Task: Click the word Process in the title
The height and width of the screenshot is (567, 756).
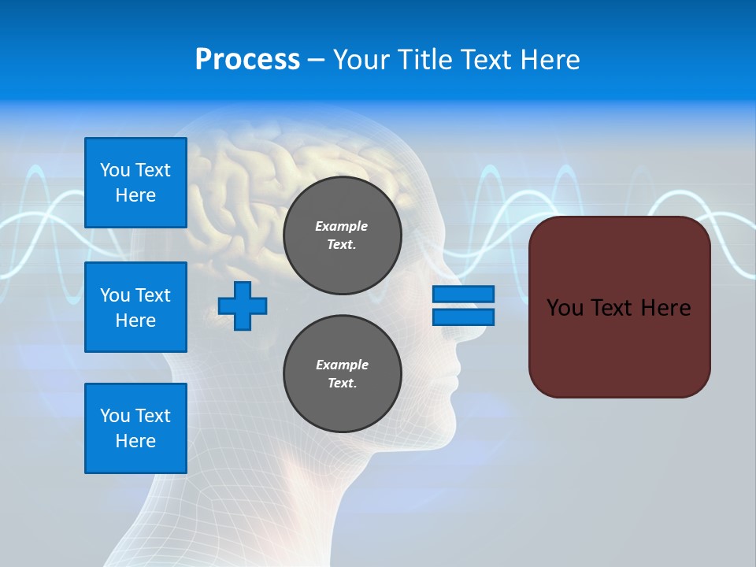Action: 247,60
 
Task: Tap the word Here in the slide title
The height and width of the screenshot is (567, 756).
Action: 549,60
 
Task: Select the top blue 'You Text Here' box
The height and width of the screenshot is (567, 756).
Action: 135,183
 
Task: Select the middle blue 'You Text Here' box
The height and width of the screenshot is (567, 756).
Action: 135,307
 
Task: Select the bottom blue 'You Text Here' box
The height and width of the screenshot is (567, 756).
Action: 135,428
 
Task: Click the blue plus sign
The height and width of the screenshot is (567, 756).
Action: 243,306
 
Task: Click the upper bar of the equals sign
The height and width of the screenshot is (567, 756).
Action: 463,295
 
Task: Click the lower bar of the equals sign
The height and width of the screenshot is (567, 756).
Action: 463,317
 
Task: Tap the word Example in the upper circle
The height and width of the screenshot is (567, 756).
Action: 341,226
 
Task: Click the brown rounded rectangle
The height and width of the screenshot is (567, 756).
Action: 619,346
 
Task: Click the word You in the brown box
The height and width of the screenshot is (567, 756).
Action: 565,308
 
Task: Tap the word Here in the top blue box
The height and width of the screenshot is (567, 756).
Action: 135,195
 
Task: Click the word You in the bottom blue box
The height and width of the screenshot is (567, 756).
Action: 115,416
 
